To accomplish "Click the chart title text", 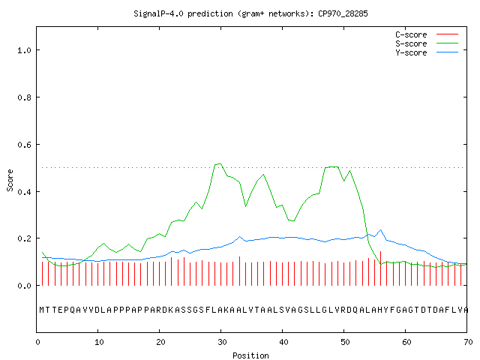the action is point(250,13).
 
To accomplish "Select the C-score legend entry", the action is point(427,34).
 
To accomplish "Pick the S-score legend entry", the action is point(427,43).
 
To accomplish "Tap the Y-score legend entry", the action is point(427,52).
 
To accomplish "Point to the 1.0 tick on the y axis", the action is point(25,50).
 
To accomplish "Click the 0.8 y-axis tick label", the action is point(25,97).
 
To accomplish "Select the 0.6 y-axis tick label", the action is point(25,145).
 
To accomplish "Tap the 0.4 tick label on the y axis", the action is point(25,192).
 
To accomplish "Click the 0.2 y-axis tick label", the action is point(25,238).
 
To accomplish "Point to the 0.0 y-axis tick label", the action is point(25,286).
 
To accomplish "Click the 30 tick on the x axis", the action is point(222,342).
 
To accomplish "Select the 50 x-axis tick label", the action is point(345,342).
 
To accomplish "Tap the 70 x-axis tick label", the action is point(468,342).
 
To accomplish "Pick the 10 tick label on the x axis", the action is point(99,342).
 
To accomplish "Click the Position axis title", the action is point(250,355).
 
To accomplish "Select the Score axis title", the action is point(10,180).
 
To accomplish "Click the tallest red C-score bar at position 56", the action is point(380,268).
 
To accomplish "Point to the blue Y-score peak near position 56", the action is point(380,230).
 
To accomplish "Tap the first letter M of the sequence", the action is point(42,310).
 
